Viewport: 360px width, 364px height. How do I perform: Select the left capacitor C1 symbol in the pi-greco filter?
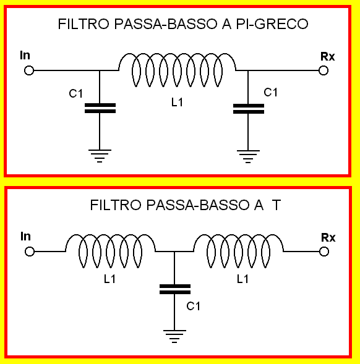click(x=100, y=108)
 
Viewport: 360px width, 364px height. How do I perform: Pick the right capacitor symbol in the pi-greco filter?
click(x=249, y=109)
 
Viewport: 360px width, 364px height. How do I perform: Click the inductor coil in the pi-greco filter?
click(x=177, y=54)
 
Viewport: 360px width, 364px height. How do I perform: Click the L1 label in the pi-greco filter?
click(x=177, y=102)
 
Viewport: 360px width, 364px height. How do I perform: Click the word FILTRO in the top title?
click(x=84, y=24)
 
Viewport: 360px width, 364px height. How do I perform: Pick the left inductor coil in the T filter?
click(x=110, y=235)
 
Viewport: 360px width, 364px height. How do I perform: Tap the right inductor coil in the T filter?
click(x=238, y=235)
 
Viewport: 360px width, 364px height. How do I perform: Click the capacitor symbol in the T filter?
click(x=175, y=289)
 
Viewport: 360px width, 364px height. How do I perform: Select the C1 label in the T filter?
click(x=193, y=307)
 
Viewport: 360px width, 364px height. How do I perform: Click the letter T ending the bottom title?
click(x=276, y=205)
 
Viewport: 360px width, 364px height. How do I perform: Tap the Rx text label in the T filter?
click(x=328, y=237)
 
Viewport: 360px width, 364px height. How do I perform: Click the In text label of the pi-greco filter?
click(x=25, y=55)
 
